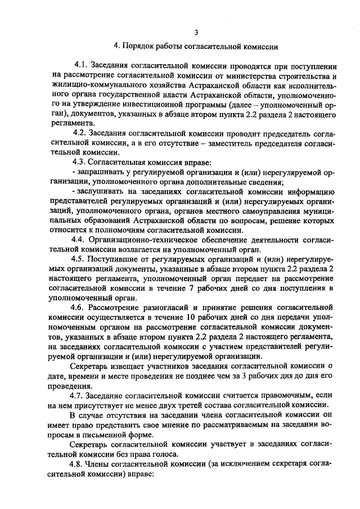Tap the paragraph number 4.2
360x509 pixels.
[x=82, y=133]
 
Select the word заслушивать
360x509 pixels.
[x=101, y=191]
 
